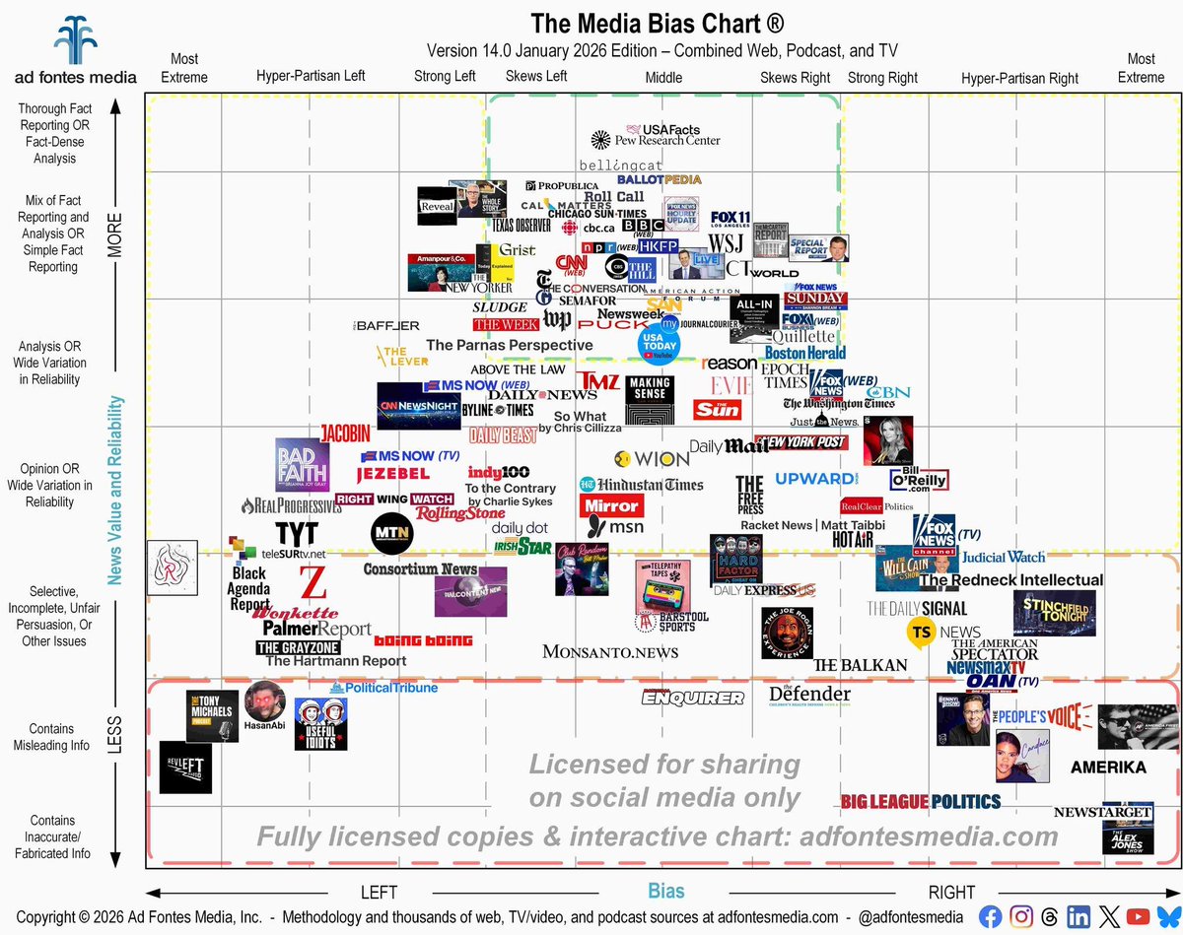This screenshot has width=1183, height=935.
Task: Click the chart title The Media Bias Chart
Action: pyautogui.click(x=659, y=23)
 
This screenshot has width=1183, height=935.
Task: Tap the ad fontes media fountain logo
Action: pyautogui.click(x=75, y=39)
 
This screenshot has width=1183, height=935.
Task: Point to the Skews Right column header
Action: pyautogui.click(x=795, y=77)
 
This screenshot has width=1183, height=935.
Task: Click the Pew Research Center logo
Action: pyautogui.click(x=656, y=141)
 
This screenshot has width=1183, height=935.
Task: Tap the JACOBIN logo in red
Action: pyautogui.click(x=345, y=433)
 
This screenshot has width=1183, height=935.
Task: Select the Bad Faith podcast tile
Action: pyautogui.click(x=302, y=465)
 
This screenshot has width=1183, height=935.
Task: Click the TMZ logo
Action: pyautogui.click(x=599, y=380)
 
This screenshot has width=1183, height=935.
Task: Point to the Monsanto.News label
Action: pyautogui.click(x=610, y=651)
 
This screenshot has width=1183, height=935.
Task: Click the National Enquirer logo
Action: pyautogui.click(x=692, y=698)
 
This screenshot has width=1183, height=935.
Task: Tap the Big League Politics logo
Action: pyautogui.click(x=921, y=801)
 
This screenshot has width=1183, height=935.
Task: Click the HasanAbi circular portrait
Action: pyautogui.click(x=264, y=702)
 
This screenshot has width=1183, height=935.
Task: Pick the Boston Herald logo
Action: pyautogui.click(x=805, y=353)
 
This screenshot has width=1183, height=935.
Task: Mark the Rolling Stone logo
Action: pyautogui.click(x=460, y=513)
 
